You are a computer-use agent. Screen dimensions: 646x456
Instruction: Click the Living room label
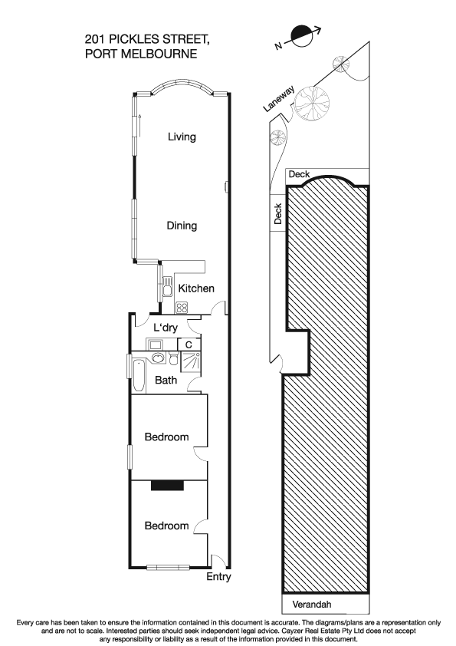[182, 137]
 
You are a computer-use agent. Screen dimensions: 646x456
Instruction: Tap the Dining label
[182, 226]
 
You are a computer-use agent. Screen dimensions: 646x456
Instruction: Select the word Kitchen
[195, 288]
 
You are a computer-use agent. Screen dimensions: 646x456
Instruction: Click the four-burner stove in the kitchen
[182, 308]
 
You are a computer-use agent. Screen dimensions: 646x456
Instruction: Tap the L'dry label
[166, 328]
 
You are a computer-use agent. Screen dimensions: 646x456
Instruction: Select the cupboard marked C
[189, 344]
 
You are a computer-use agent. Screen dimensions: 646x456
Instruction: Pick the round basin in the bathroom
[156, 358]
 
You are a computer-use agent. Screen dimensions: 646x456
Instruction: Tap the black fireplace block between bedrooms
[167, 485]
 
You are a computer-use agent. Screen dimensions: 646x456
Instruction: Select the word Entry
[218, 577]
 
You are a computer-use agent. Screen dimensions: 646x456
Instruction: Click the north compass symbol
[300, 35]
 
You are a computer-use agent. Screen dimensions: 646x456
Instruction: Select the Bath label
[166, 381]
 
